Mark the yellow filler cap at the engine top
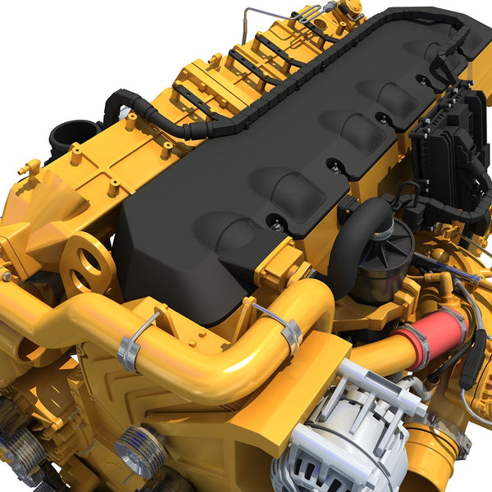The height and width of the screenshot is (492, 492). [353, 8]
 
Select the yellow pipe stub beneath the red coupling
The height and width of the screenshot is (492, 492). [426, 459]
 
